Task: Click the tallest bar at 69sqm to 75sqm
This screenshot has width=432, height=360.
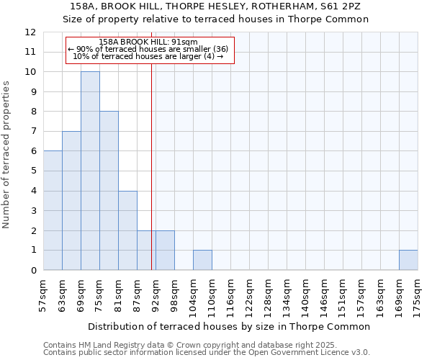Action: pyautogui.click(x=90, y=171)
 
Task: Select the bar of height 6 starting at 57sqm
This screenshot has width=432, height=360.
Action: pyautogui.click(x=53, y=210)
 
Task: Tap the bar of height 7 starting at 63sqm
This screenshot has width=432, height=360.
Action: pyautogui.click(x=71, y=201)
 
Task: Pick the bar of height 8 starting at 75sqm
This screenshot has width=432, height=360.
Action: pyautogui.click(x=109, y=191)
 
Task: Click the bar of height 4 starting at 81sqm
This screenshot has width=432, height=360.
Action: pyautogui.click(x=127, y=230)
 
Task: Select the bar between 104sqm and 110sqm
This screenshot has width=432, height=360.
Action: pyautogui.click(x=202, y=261)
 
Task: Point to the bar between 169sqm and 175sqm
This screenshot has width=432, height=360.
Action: pyautogui.click(x=408, y=261)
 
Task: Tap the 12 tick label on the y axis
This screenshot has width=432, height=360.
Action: pyautogui.click(x=30, y=32)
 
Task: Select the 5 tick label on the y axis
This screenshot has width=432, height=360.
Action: pyautogui.click(x=33, y=171)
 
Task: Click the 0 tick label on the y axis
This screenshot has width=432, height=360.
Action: pyautogui.click(x=33, y=271)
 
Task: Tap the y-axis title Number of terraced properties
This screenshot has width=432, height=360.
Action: pyautogui.click(x=6, y=154)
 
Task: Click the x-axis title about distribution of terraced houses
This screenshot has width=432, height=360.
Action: pyautogui.click(x=230, y=326)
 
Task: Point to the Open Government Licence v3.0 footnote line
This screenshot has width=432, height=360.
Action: pyautogui.click(x=207, y=352)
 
